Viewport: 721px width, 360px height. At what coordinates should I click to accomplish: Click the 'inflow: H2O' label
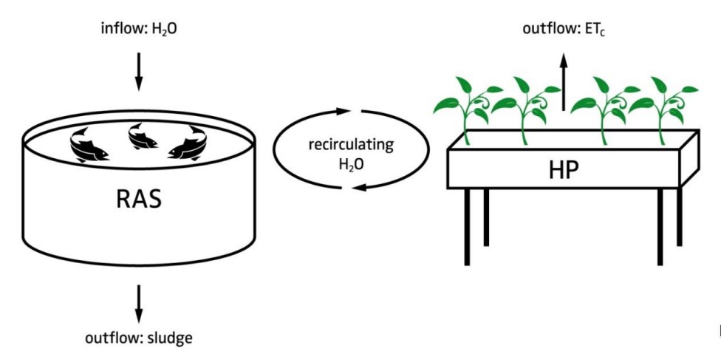(139, 29)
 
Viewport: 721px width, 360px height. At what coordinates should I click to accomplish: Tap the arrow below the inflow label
(138, 72)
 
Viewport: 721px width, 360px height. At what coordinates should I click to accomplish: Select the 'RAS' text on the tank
(139, 200)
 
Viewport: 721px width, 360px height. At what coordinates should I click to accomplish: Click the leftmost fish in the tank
(89, 146)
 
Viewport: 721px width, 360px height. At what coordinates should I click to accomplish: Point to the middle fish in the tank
(142, 136)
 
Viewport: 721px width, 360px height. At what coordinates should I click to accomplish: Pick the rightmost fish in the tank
(188, 143)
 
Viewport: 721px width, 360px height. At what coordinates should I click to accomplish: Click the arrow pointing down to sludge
(138, 304)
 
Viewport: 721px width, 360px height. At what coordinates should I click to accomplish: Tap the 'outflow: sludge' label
(139, 339)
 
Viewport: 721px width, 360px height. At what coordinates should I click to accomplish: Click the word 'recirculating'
(351, 145)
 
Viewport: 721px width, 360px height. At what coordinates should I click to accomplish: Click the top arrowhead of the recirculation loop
(344, 111)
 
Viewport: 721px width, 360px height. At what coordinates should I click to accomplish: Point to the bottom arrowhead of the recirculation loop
(359, 187)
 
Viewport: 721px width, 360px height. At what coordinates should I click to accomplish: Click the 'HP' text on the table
(564, 171)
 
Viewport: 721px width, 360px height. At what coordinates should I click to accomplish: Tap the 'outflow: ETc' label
(564, 29)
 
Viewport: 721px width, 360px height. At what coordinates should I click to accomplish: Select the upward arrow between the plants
(564, 82)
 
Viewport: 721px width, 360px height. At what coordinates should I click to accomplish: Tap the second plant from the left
(525, 110)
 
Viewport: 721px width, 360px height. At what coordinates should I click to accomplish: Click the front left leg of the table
(467, 227)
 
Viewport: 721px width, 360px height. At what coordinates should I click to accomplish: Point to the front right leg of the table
(660, 227)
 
